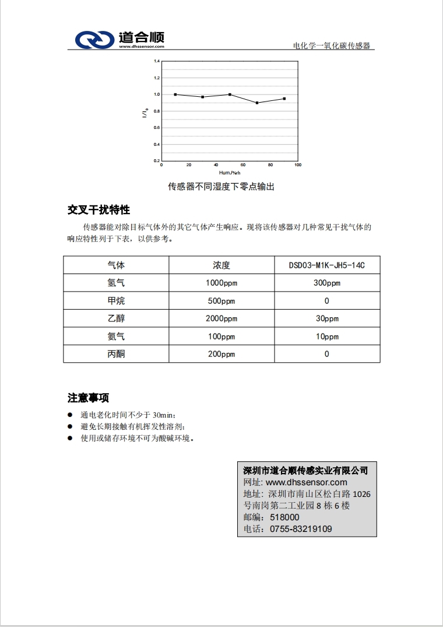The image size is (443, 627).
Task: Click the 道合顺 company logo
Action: coord(119,40)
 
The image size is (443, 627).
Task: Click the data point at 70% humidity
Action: coord(257,103)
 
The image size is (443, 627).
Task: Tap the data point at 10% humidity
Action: coord(175,94)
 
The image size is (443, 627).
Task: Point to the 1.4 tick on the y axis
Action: coord(157,61)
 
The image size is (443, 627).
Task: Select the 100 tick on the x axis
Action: coord(297,166)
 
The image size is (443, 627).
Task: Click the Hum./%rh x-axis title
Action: coord(230,173)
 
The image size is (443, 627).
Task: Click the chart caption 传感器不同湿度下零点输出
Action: coord(221,187)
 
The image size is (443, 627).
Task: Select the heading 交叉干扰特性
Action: coord(99,210)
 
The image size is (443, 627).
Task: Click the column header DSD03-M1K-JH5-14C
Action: coord(326,265)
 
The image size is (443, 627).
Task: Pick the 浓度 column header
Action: coord(221,265)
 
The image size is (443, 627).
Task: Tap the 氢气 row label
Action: coord(116,283)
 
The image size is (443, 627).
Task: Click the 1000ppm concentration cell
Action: coord(221,283)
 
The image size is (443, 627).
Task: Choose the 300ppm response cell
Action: coord(326,283)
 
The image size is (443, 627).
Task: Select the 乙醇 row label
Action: coord(116,318)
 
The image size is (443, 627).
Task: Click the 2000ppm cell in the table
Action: coord(221,318)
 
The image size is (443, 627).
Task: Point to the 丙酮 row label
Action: coord(116,354)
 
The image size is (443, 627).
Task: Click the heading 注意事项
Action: coord(88,398)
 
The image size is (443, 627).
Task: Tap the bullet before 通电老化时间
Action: coord(70,415)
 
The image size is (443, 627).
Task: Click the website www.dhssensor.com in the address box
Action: coord(306,482)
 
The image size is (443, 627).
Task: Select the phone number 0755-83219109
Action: coord(301,529)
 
